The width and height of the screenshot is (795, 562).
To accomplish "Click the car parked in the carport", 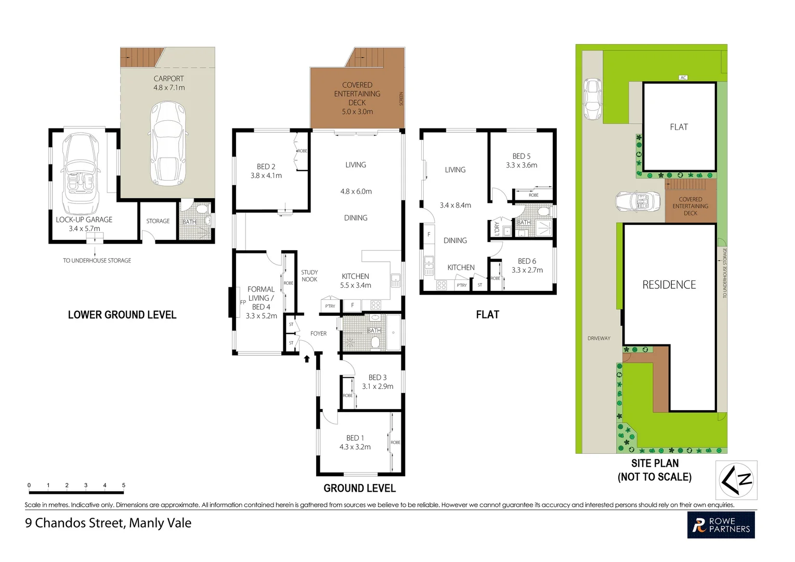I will click(x=167, y=144).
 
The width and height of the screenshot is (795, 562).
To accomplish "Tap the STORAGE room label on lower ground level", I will click(x=158, y=221).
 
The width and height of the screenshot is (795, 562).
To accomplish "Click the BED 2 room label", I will click(x=266, y=167).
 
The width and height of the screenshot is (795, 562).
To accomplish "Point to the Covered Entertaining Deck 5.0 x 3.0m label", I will click(x=357, y=98).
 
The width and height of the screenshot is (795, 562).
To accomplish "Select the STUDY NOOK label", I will click(x=309, y=276).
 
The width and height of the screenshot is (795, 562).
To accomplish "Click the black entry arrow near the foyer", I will click(x=307, y=359).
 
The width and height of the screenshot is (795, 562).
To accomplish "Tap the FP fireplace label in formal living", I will click(x=243, y=302).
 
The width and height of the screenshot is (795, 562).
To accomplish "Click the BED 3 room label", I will click(x=377, y=377).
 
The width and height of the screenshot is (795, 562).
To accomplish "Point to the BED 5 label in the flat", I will click(x=522, y=156).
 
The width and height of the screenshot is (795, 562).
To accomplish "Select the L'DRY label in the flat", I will click(x=497, y=228).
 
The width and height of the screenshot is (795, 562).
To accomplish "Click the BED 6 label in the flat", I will click(x=527, y=261).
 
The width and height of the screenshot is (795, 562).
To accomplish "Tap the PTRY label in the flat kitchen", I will click(x=462, y=285).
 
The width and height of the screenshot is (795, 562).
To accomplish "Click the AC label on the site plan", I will click(x=683, y=78).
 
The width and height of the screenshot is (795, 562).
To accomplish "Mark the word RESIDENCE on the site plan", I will click(x=669, y=285).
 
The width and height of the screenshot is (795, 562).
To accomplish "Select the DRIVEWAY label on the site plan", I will click(x=599, y=338).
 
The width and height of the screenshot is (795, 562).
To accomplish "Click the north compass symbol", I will click(x=736, y=480).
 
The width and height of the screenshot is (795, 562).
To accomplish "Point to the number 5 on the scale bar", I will click(x=124, y=485).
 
